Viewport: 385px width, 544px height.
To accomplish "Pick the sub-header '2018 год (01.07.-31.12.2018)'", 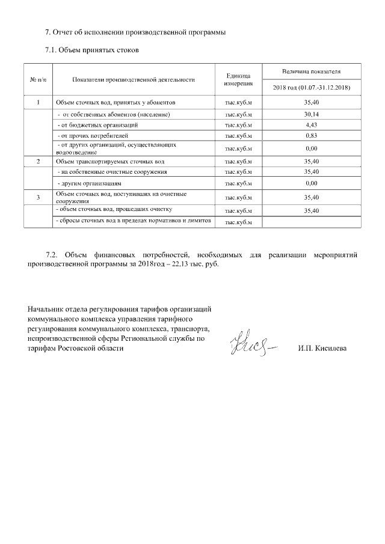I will pos(311,88).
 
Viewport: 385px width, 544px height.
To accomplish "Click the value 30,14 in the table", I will pos(311,114).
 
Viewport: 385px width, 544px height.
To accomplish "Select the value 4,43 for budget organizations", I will pos(311,125).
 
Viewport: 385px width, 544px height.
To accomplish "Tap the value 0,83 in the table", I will pos(311,136).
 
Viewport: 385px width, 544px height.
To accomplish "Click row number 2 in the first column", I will pos(38,161).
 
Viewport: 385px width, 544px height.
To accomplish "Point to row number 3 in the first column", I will pos(38,197).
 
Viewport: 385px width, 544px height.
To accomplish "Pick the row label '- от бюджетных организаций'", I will pos(97,125).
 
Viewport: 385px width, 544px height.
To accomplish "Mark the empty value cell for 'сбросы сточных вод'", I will pos(311,222).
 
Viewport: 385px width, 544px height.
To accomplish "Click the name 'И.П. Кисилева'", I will pos(322,349).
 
